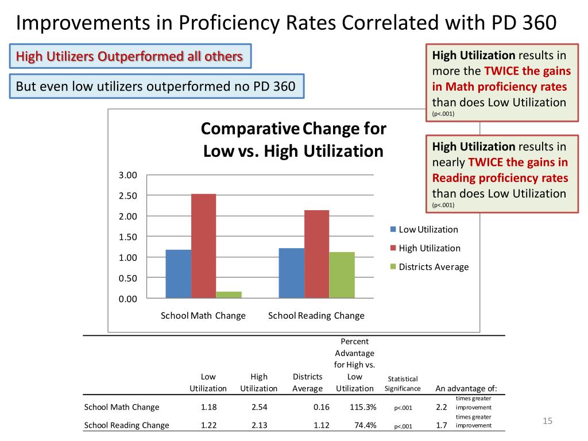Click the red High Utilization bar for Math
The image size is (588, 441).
coord(203,246)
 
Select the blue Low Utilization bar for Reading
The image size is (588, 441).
coord(291,273)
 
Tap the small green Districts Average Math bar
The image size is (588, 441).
coord(229,295)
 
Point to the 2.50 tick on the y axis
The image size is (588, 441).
coord(128,196)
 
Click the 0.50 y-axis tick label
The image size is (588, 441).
coord(128,278)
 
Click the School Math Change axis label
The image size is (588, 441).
coord(203,316)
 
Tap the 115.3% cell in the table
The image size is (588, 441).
coord(363,407)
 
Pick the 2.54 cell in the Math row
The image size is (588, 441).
coord(259,407)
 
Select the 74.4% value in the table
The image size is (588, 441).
coord(365,425)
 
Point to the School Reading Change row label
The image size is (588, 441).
coord(126,425)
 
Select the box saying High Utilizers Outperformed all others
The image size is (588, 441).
coord(130,56)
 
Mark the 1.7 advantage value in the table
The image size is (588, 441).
coord(442,425)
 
